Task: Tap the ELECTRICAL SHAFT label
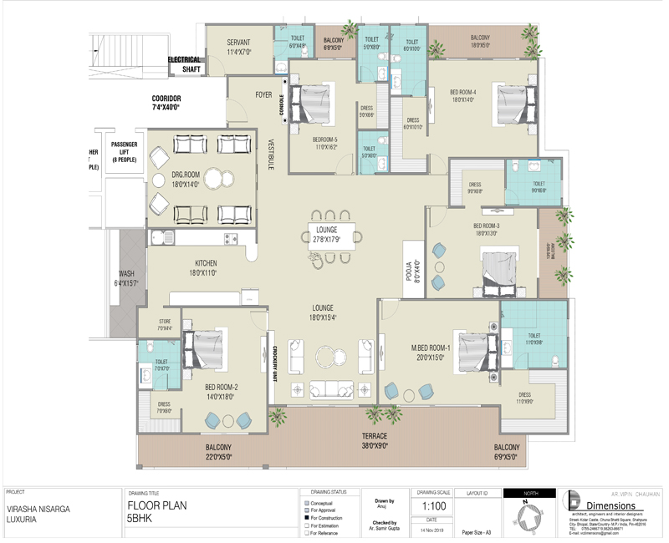(185, 64)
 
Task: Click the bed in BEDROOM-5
(313, 106)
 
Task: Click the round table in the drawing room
(217, 179)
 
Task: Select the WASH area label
(126, 278)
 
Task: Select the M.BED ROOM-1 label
(431, 352)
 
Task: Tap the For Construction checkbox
(306, 518)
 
